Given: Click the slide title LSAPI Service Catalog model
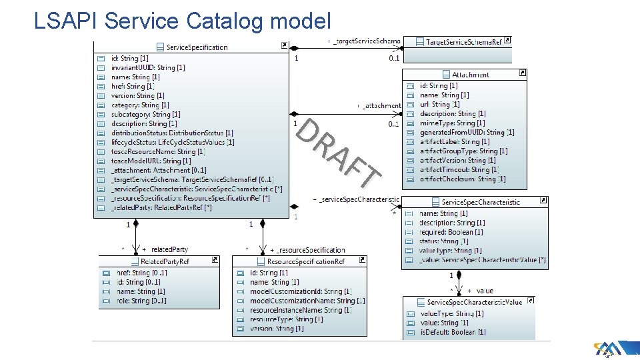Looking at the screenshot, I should coord(182,21).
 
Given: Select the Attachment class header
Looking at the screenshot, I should coord(470,75).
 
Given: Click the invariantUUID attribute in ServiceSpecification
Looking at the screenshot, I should coord(148,67).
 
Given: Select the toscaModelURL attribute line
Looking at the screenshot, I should coord(151,161).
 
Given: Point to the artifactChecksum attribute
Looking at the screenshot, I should coord(463,179).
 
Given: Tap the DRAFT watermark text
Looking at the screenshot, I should coord(337,151).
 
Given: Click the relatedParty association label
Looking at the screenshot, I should coord(169,249).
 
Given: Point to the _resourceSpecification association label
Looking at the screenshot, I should coord(311,249).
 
